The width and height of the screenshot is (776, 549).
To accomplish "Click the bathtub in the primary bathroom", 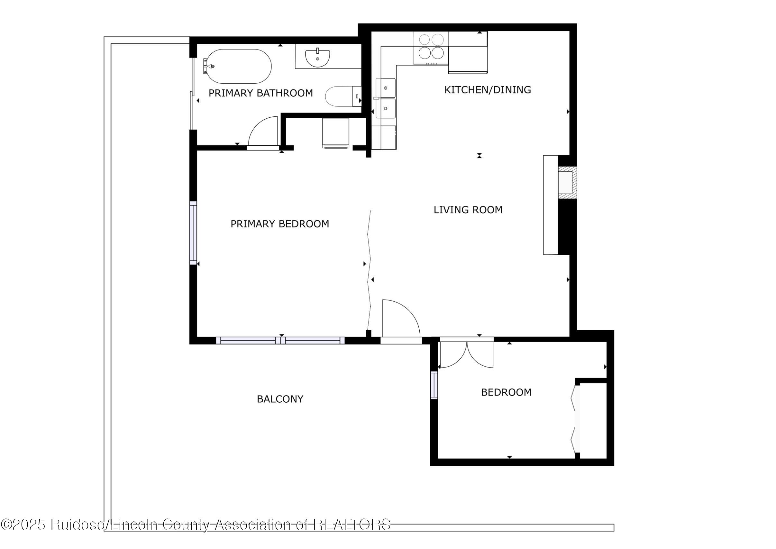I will click(238, 67).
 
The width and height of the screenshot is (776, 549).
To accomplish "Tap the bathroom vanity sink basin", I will click(317, 58).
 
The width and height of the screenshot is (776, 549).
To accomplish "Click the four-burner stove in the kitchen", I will click(431, 47).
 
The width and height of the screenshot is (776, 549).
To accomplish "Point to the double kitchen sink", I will click(386, 98).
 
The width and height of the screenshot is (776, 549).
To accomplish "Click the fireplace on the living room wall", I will click(566, 182).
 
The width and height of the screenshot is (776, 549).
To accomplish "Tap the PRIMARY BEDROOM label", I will click(279, 224).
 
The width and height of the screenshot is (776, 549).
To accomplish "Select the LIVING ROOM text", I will click(468, 210).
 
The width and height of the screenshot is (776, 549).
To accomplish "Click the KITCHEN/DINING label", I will click(487, 90).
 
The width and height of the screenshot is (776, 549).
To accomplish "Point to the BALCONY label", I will click(280, 399).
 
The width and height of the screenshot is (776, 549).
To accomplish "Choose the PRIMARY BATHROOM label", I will click(260, 93).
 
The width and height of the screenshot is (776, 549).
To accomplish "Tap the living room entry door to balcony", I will click(401, 319).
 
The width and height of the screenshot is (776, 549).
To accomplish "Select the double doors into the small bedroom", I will click(466, 355).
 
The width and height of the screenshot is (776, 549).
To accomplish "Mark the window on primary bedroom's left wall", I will click(193, 233).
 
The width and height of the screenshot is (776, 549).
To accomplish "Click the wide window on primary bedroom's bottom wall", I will click(280, 340).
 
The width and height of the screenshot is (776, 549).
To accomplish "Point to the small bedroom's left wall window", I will click(434, 385).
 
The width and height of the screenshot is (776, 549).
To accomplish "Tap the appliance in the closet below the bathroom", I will click(335, 133).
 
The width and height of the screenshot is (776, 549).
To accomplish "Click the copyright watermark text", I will click(196, 524).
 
